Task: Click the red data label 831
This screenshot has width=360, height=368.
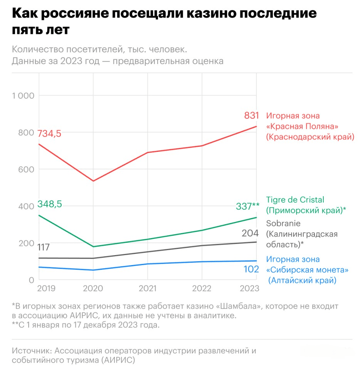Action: [x=251, y=115]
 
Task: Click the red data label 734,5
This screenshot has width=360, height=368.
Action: [x=49, y=134]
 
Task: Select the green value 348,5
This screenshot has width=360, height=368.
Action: [x=49, y=204]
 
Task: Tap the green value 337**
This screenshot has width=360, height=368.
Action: [x=247, y=207]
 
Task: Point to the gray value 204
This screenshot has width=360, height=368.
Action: [x=250, y=233]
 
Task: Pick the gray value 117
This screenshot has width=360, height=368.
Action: [x=43, y=247]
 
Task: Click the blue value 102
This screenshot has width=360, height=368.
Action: [x=251, y=269]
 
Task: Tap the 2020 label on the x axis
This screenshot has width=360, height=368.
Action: [x=93, y=289]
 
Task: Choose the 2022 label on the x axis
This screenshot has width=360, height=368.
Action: [x=202, y=289]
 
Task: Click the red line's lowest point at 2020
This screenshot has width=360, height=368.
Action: [x=93, y=181]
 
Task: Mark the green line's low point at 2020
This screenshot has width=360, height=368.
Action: [x=93, y=247]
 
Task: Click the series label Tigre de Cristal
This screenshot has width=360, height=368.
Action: [x=295, y=200]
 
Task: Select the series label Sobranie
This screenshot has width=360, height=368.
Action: [x=283, y=223]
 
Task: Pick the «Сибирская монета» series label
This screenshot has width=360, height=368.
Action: [x=307, y=270]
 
